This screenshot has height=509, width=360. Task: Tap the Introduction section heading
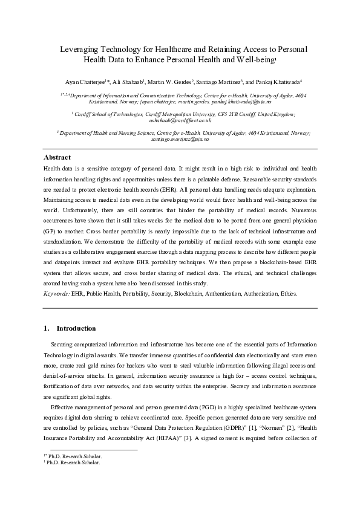click(x=76, y=328)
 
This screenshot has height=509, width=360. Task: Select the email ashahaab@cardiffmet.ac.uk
click(x=180, y=120)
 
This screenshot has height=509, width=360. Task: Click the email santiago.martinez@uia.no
click(x=180, y=139)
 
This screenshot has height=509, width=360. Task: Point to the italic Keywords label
click(x=56, y=293)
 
